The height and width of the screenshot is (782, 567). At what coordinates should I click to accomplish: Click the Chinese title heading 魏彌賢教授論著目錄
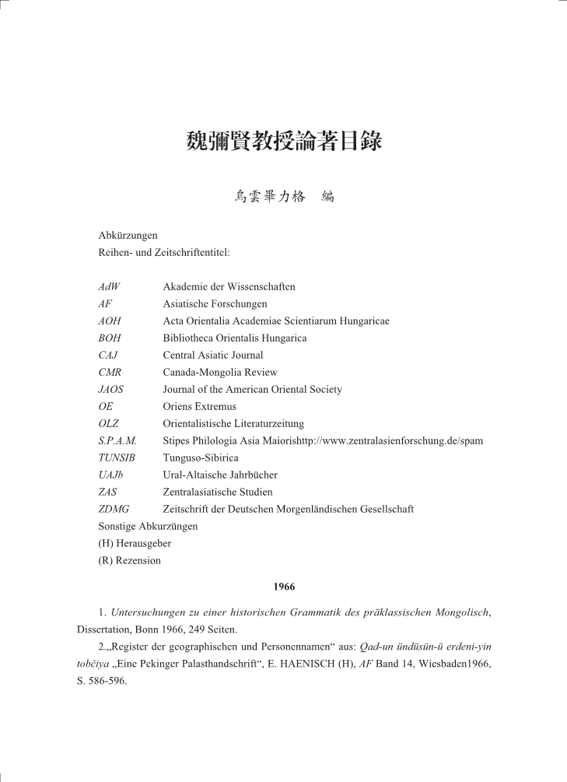(284, 142)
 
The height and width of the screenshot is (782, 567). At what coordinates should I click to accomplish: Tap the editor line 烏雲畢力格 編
(284, 197)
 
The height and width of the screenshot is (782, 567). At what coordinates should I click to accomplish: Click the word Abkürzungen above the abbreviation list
(128, 236)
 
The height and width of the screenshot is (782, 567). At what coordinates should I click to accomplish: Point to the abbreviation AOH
(110, 321)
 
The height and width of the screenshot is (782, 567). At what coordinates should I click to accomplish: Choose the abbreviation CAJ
(108, 356)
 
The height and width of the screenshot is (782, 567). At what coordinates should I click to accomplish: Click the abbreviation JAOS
(111, 389)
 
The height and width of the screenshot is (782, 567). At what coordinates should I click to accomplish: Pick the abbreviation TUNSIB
(117, 458)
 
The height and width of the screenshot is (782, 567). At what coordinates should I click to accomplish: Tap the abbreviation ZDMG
(114, 509)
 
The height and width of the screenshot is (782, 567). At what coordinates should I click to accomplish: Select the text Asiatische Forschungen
(215, 304)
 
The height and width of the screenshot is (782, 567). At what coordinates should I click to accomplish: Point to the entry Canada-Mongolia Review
(220, 372)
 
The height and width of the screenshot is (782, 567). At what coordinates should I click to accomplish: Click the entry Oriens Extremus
(199, 406)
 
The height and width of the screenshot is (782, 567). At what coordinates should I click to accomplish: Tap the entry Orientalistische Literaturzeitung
(233, 423)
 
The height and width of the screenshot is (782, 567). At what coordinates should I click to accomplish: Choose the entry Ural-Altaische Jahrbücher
(220, 475)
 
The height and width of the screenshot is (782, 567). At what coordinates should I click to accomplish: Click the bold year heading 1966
(284, 587)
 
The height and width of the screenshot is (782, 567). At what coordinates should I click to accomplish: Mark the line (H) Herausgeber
(135, 543)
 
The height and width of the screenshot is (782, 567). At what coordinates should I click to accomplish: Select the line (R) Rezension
(130, 560)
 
